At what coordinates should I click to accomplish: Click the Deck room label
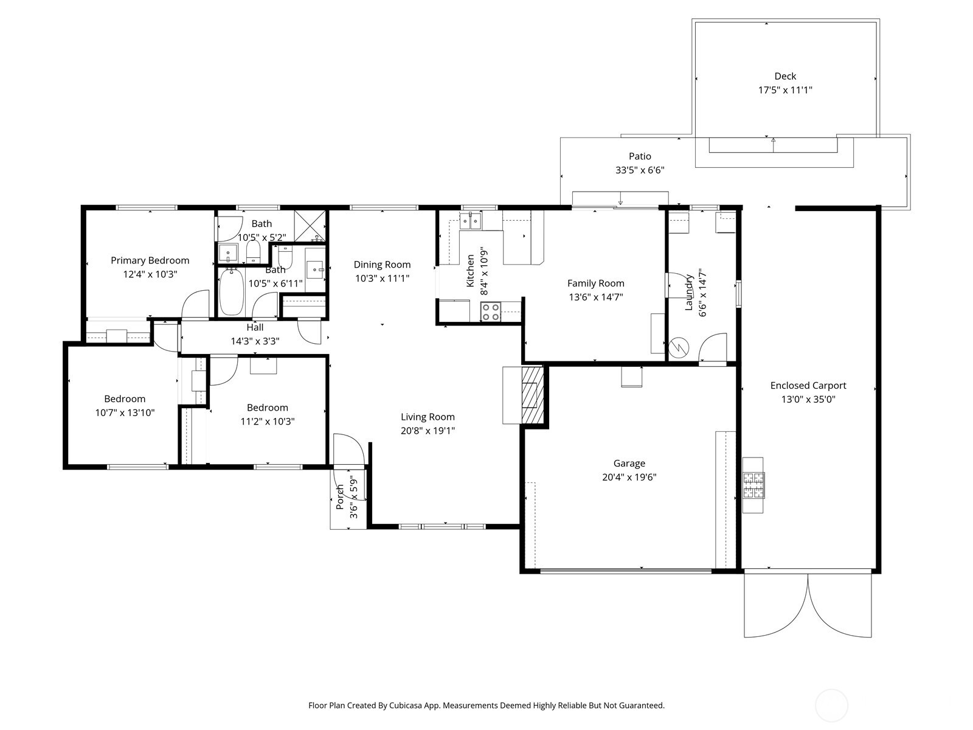(x=785, y=76)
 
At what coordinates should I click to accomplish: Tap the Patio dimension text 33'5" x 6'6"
(x=640, y=170)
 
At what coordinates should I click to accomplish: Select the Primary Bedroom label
(x=150, y=260)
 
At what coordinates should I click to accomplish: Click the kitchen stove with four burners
(x=491, y=311)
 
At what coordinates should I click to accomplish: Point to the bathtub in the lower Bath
(x=232, y=291)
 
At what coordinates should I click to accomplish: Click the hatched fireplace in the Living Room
(x=532, y=394)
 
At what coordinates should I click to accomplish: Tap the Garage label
(x=629, y=464)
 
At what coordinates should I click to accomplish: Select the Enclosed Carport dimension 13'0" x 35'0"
(x=808, y=399)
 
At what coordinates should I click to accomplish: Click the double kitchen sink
(x=470, y=221)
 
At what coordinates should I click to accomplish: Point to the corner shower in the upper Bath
(x=310, y=226)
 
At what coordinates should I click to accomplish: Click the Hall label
(x=255, y=327)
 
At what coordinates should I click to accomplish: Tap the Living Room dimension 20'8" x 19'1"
(x=428, y=431)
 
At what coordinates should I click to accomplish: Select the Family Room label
(x=596, y=283)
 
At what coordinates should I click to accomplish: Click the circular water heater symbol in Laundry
(x=679, y=348)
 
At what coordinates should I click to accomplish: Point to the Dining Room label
(x=382, y=265)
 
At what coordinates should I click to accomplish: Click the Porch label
(x=340, y=497)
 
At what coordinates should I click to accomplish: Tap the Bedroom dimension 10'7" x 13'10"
(x=125, y=413)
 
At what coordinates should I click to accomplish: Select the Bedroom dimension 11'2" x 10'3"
(x=268, y=422)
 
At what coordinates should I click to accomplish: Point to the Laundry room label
(x=689, y=293)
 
